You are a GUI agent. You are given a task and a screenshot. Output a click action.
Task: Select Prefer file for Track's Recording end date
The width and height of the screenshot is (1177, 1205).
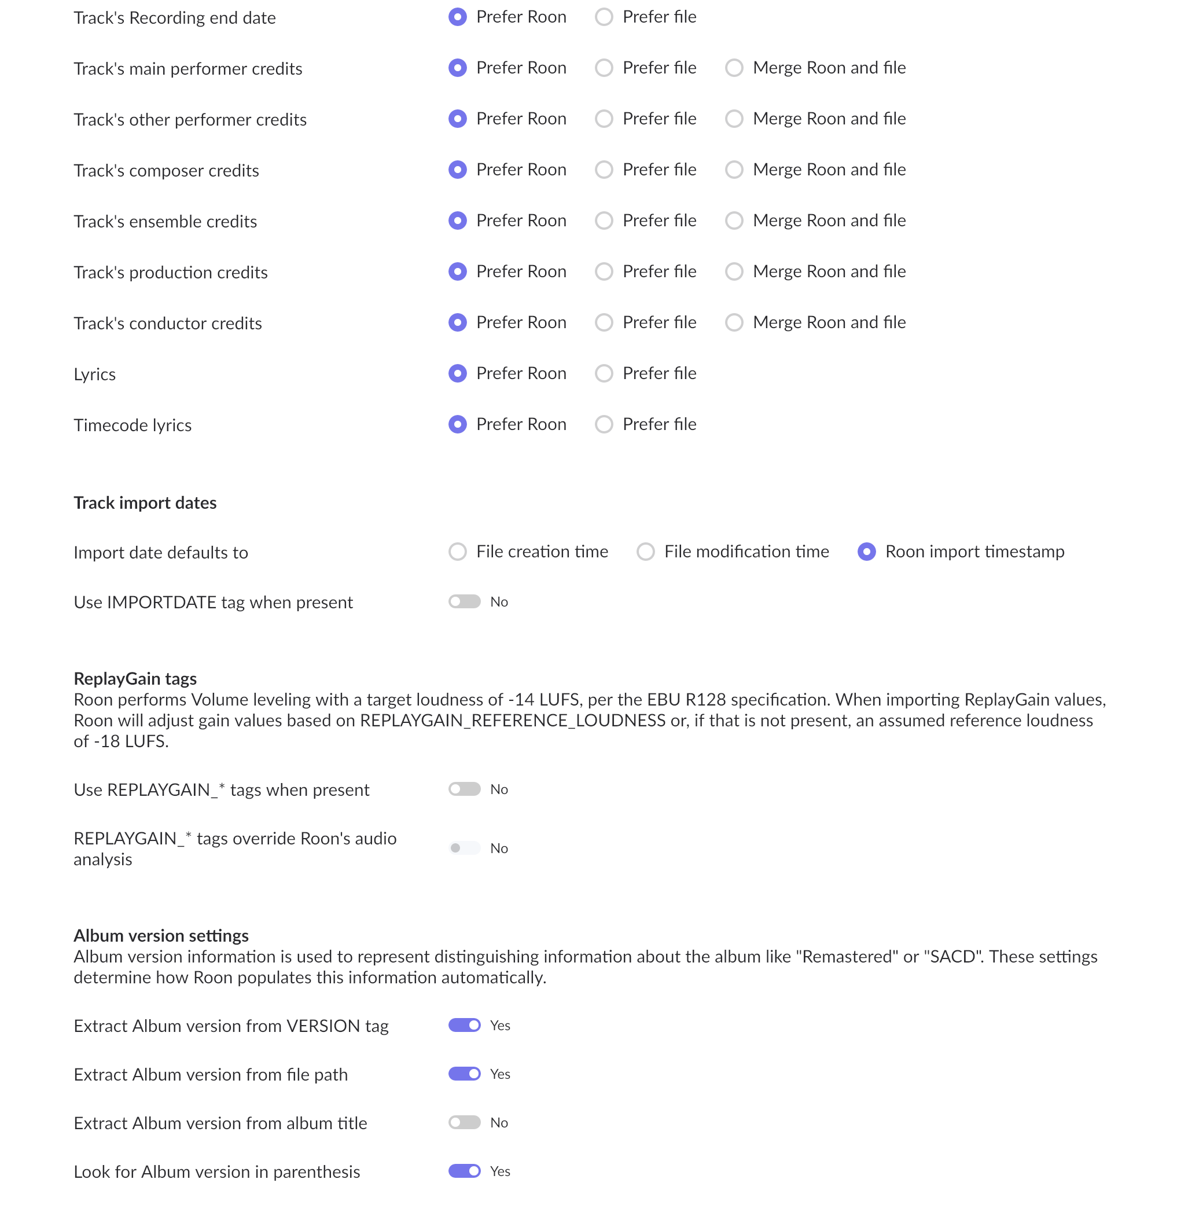[x=604, y=17]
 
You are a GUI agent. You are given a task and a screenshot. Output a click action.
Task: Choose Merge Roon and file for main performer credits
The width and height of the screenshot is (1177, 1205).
[x=734, y=68]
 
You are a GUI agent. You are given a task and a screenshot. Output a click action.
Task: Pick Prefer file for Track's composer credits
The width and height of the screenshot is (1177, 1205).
[x=604, y=170]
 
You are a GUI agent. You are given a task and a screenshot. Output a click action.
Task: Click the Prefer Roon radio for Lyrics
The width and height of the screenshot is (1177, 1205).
[x=458, y=373]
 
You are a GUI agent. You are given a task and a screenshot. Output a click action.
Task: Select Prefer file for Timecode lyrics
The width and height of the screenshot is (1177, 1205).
[x=604, y=425]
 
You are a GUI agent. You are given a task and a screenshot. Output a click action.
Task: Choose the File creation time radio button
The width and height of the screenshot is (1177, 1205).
[x=458, y=552]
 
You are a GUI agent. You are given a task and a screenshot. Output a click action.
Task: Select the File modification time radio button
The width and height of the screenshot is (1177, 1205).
[x=645, y=552]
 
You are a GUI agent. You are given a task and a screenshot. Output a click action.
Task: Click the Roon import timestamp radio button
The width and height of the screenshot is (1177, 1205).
[x=866, y=552]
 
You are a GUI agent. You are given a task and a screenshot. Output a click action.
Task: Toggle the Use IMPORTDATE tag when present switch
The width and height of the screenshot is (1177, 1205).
[x=464, y=601]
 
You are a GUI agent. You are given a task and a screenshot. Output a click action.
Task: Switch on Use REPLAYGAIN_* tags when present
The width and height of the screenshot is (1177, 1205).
[x=464, y=789]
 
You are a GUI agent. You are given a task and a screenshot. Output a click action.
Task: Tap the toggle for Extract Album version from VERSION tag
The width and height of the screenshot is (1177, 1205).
[x=464, y=1025]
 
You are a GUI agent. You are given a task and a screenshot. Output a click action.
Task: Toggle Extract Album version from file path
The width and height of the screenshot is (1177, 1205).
[x=464, y=1074]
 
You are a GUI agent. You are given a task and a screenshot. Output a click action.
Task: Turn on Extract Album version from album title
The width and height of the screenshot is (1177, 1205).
[x=464, y=1122]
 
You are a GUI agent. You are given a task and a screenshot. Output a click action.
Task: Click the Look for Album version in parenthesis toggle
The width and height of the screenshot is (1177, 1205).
[x=464, y=1171]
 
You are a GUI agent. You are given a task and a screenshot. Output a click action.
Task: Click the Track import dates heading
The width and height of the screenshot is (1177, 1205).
[x=145, y=502]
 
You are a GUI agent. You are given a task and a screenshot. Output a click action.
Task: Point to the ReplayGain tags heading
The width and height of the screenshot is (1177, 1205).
[x=135, y=679]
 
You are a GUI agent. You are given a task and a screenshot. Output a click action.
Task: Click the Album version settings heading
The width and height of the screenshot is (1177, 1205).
[x=161, y=935]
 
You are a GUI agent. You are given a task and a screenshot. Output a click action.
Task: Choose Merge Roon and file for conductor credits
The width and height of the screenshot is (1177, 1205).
[x=734, y=323]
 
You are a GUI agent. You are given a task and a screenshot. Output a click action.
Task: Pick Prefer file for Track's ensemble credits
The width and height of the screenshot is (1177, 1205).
[x=604, y=221]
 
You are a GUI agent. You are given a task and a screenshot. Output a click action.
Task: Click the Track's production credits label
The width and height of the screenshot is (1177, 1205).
[x=171, y=273]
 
